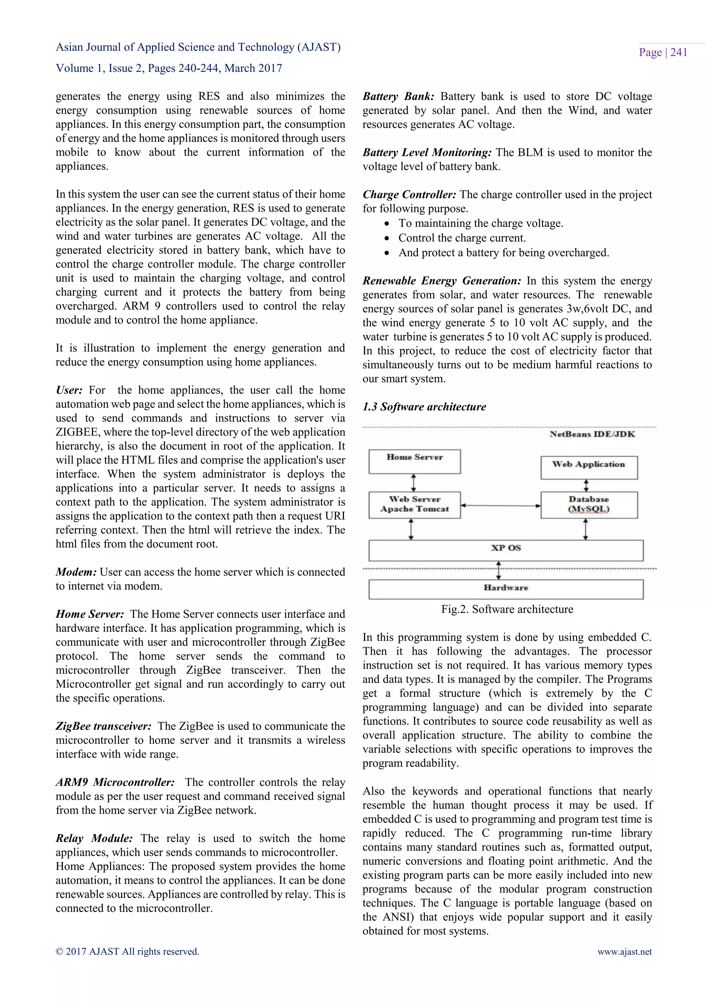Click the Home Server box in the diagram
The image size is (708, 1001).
[414, 461]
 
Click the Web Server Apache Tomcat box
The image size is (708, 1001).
[414, 505]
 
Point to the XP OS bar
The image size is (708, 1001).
[506, 550]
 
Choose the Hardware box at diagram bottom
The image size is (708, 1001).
[506, 589]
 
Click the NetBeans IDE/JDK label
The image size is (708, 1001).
[592, 434]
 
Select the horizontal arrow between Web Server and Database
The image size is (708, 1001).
[501, 505]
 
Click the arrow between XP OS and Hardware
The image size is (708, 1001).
[499, 570]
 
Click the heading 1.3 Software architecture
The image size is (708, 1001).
[424, 407]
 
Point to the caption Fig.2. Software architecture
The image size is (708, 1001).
[507, 609]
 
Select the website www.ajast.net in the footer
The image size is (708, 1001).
[624, 952]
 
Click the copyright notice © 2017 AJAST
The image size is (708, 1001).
[127, 952]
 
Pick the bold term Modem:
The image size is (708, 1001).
[76, 572]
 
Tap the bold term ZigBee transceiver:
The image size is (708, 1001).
[103, 726]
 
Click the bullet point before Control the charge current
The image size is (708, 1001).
[387, 238]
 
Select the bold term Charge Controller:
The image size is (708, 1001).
[409, 195]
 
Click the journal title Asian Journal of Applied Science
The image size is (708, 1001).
[198, 47]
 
